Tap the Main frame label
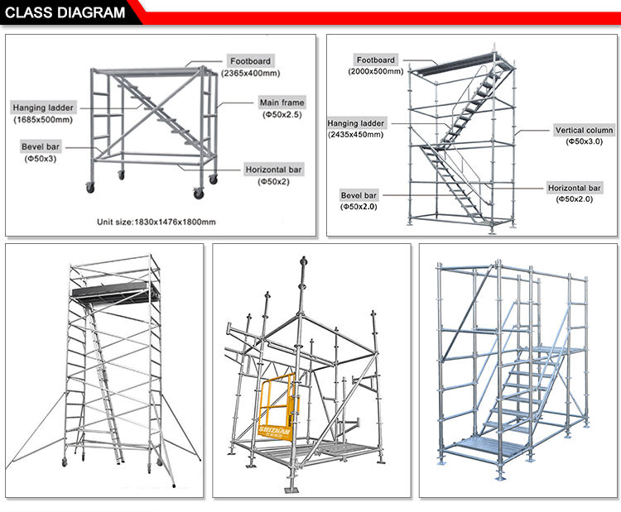pos(282,103)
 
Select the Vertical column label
pos(583,131)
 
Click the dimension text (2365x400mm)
pos(250,74)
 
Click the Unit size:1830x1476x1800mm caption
pos(156,222)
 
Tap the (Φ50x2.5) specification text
pos(282,115)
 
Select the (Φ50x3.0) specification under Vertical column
pos(583,142)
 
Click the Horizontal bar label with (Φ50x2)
pos(272,170)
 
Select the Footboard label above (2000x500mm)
pos(376,60)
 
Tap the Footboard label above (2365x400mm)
pos(250,61)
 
